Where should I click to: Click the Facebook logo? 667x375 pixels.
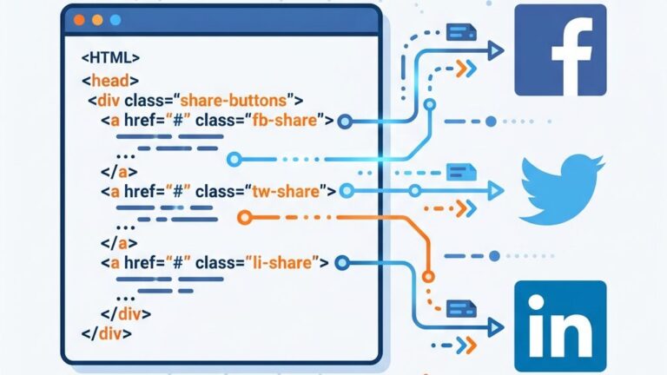pyautogui.click(x=560, y=49)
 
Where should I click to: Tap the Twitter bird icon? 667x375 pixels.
pyautogui.click(x=562, y=188)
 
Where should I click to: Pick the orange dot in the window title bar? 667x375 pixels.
pyautogui.click(x=96, y=19)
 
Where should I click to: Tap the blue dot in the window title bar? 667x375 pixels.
pyautogui.click(x=113, y=19)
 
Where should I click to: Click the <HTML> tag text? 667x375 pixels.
pyautogui.click(x=110, y=59)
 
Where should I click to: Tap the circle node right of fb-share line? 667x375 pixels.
pyautogui.click(x=344, y=121)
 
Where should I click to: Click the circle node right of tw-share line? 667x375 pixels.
pyautogui.click(x=347, y=190)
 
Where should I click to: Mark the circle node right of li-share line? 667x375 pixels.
pyautogui.click(x=342, y=261)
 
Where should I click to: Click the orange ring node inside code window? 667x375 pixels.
pyautogui.click(x=245, y=217)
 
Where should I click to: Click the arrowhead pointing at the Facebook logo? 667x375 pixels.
pyautogui.click(x=496, y=51)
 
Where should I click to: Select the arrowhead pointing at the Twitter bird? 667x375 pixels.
pyautogui.click(x=496, y=190)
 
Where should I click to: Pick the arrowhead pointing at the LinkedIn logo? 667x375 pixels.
pyautogui.click(x=496, y=327)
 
